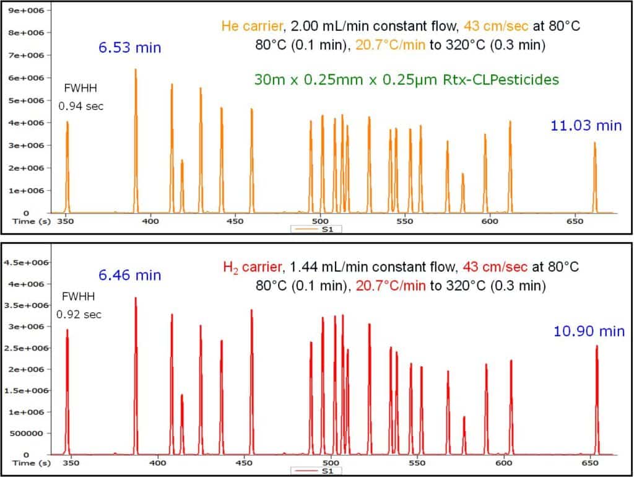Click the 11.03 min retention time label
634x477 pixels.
click(586, 126)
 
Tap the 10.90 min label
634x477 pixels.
click(589, 331)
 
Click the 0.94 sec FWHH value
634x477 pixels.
click(81, 106)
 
